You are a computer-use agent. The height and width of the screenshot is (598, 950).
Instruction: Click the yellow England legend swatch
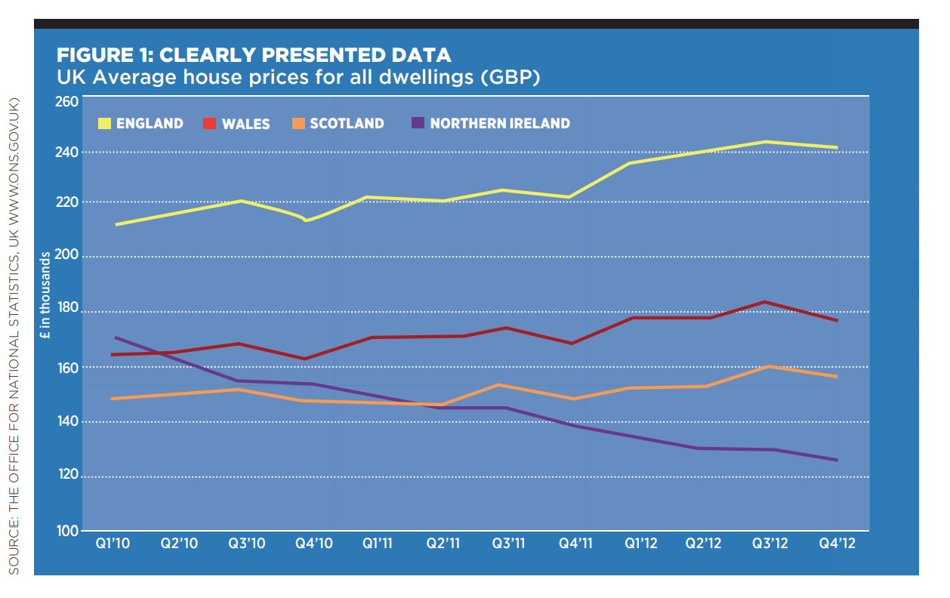click(x=105, y=123)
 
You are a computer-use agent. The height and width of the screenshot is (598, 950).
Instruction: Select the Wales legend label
click(x=245, y=124)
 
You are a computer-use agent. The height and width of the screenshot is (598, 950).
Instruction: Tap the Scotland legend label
click(x=347, y=124)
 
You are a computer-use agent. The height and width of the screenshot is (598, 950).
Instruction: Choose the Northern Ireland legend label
click(x=499, y=124)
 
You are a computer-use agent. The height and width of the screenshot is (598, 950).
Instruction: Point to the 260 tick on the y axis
click(x=68, y=101)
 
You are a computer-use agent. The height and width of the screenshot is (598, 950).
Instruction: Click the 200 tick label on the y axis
click(x=68, y=257)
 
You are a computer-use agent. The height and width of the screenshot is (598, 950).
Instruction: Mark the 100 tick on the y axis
click(x=68, y=531)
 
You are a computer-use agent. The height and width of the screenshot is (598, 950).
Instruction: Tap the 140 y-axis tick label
click(x=68, y=421)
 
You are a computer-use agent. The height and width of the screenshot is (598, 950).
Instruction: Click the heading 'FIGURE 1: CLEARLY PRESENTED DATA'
click(x=254, y=55)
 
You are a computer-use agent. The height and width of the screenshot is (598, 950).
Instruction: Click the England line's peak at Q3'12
click(x=766, y=142)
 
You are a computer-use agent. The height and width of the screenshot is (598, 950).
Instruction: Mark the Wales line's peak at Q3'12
click(x=765, y=302)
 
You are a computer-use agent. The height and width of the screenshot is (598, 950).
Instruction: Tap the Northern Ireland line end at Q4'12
click(x=837, y=460)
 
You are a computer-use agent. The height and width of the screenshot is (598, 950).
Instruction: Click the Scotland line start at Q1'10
click(x=113, y=399)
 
